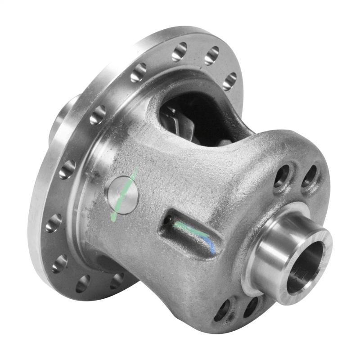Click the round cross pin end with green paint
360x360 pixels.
(122, 194)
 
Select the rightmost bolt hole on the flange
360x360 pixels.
(230, 81)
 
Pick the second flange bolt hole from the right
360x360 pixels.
(211, 55)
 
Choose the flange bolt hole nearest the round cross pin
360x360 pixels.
(98, 115)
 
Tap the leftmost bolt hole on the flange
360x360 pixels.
(53, 223)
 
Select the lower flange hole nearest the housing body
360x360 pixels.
(117, 280)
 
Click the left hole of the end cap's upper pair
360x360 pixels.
(282, 175)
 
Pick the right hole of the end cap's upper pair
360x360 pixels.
(309, 176)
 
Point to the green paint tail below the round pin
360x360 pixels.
(114, 216)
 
